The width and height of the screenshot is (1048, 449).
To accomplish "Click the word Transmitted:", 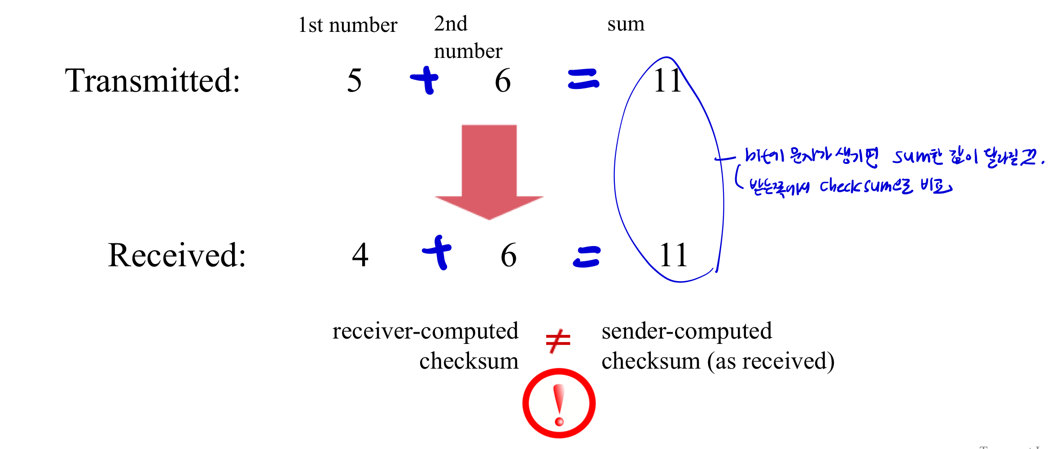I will pyautogui.click(x=153, y=81).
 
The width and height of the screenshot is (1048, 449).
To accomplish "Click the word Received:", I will pyautogui.click(x=177, y=255).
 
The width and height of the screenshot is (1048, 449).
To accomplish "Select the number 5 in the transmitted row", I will pyautogui.click(x=354, y=81).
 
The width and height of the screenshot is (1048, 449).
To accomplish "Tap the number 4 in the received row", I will pyautogui.click(x=360, y=255).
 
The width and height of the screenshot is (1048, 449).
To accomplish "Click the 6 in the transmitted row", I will pyautogui.click(x=503, y=81).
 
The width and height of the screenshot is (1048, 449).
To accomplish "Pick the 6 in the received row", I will pyautogui.click(x=509, y=255).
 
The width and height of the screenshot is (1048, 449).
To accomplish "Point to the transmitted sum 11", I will pyautogui.click(x=667, y=81).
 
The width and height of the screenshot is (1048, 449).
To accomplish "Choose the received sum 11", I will pyautogui.click(x=673, y=255).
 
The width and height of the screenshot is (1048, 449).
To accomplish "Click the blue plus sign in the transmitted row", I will pyautogui.click(x=425, y=80).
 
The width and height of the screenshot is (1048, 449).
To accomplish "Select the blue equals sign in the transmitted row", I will pyautogui.click(x=583, y=79).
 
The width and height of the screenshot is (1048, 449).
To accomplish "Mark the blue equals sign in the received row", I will pyautogui.click(x=587, y=257).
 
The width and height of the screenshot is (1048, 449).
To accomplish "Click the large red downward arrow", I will pyautogui.click(x=489, y=171).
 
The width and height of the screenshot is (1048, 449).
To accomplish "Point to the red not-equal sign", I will pyautogui.click(x=558, y=341).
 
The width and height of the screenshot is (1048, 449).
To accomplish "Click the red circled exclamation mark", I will pyautogui.click(x=559, y=403).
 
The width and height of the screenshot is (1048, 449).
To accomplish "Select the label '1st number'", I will pyautogui.click(x=348, y=25).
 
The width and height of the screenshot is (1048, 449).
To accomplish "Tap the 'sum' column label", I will pyautogui.click(x=626, y=24).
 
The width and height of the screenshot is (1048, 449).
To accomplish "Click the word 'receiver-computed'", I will pyautogui.click(x=425, y=331).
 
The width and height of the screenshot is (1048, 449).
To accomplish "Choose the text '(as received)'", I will pyautogui.click(x=771, y=361).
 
